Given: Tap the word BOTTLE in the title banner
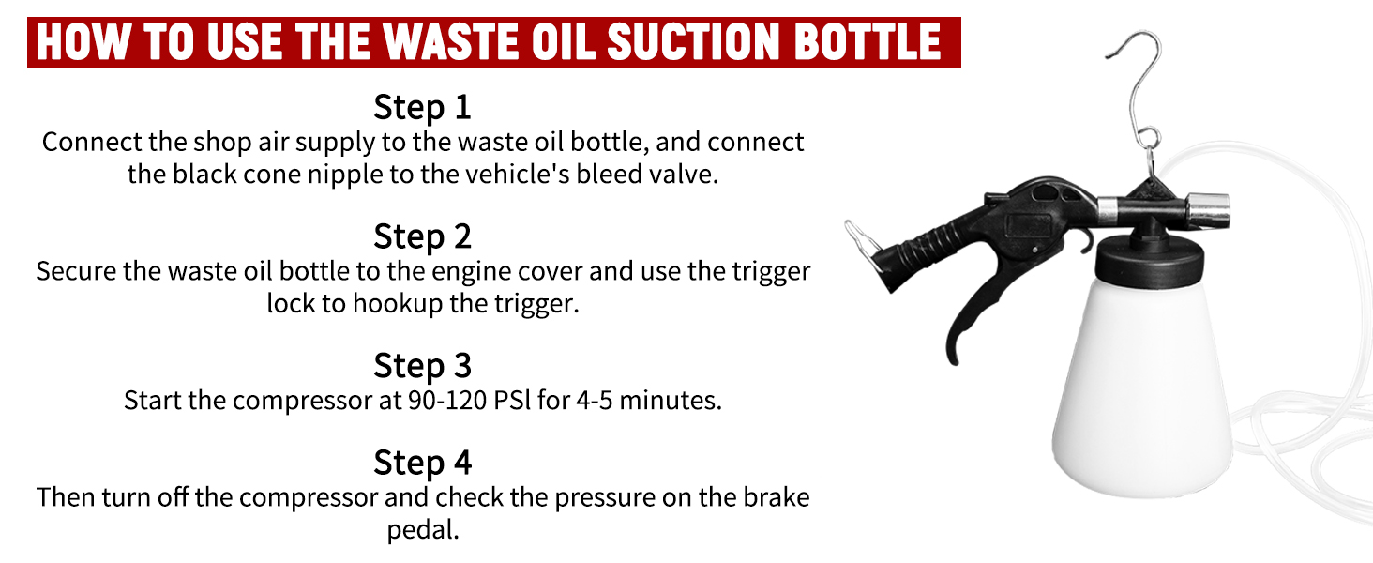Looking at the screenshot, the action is click(x=868, y=42).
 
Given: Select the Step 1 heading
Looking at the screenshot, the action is click(x=422, y=107).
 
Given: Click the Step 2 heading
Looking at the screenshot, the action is click(x=422, y=236).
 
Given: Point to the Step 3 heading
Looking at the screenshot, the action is click(x=422, y=366).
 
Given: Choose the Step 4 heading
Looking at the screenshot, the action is click(x=422, y=463).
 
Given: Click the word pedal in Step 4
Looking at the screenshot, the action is click(x=422, y=530).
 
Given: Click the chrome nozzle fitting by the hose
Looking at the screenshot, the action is click(x=1208, y=211).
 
